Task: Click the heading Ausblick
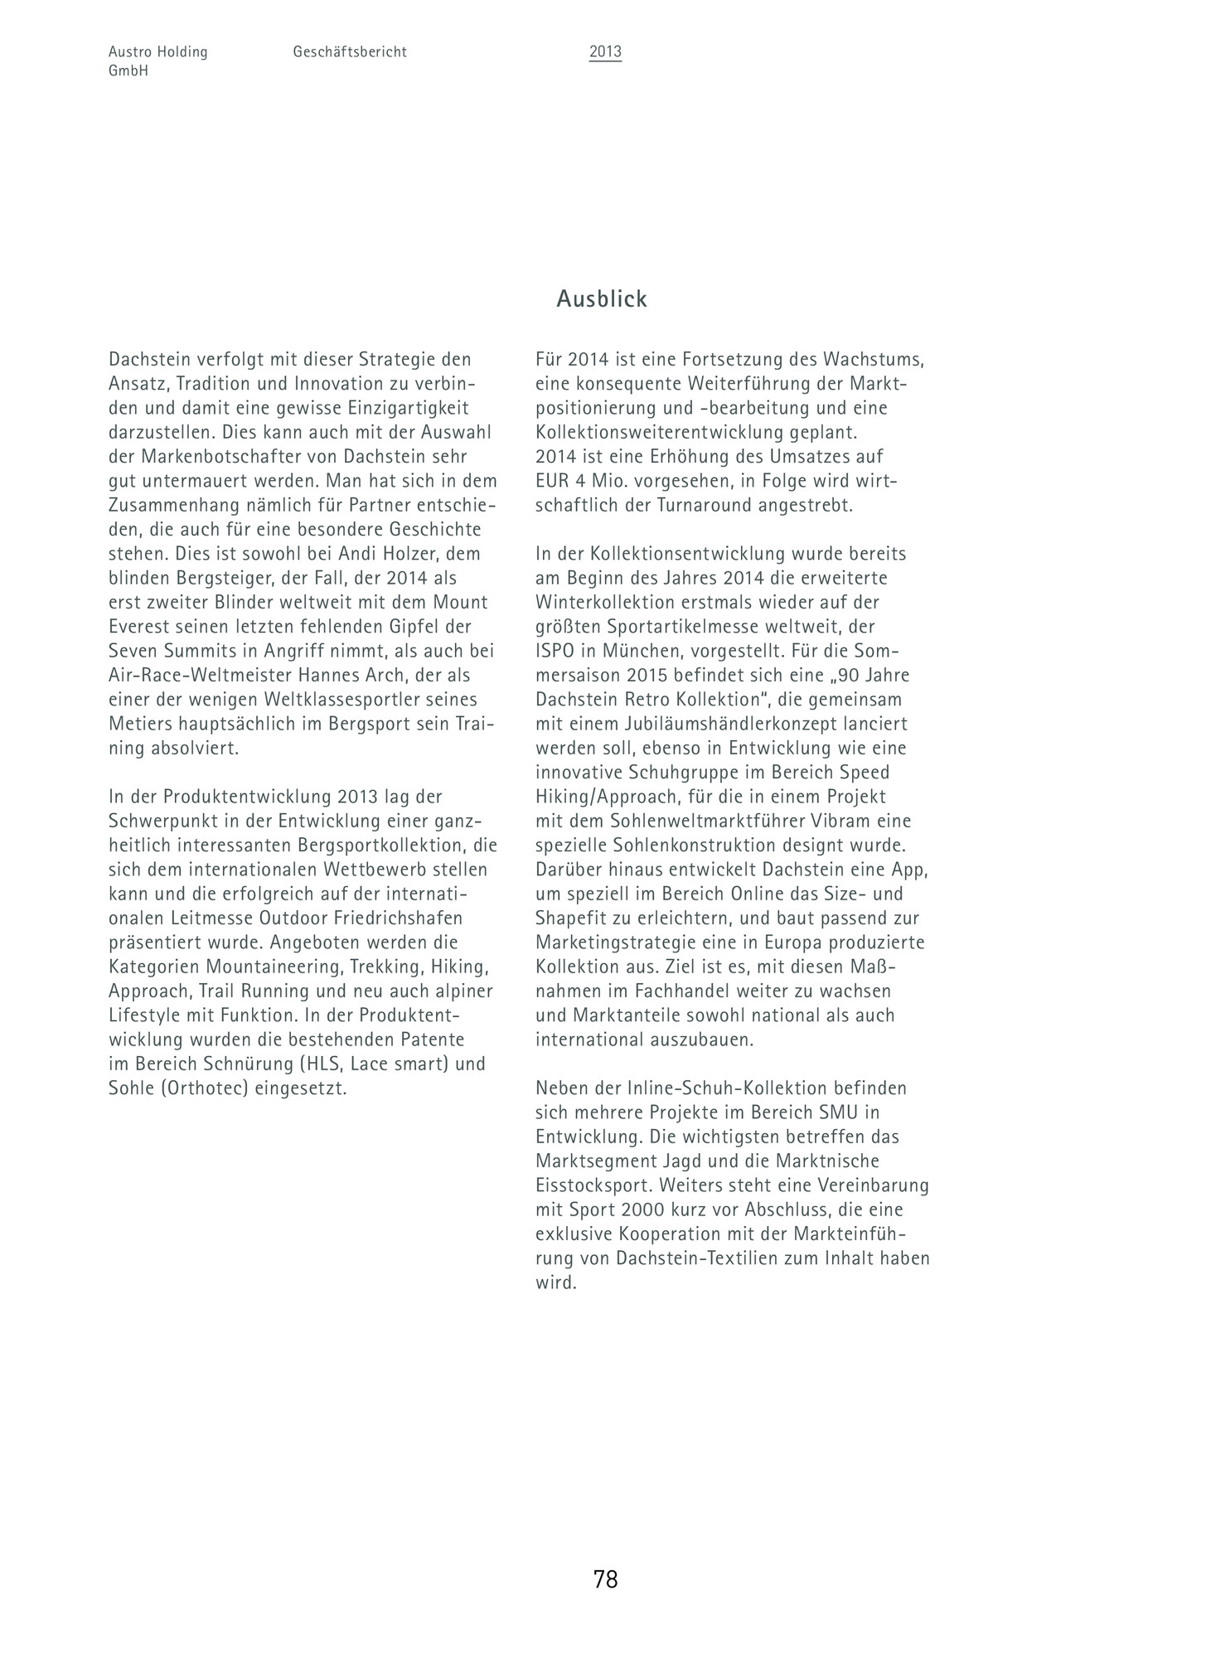pos(601,299)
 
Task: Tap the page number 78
pos(605,1579)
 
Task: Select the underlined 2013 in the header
pos(605,52)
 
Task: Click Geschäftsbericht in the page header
pos(350,52)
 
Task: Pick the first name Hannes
pos(320,676)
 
